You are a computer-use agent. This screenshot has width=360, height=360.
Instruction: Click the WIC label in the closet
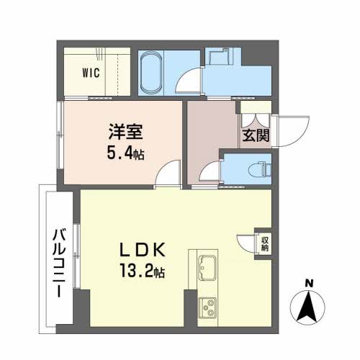91,73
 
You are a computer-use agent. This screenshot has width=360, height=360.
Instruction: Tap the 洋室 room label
126,132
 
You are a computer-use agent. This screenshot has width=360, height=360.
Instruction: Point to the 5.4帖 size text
125,153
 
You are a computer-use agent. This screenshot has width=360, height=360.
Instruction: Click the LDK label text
143,250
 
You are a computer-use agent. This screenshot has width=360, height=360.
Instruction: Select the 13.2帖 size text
142,271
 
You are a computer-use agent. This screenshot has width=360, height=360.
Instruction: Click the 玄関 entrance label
256,135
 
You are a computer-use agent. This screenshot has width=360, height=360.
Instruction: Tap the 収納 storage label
264,244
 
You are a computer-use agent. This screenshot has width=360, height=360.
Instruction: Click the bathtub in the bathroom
150,73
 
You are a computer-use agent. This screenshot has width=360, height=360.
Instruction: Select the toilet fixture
259,169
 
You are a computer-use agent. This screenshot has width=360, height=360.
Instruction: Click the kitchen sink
207,268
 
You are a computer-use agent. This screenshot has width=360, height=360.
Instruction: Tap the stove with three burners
207,308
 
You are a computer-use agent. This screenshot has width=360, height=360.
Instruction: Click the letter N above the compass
309,284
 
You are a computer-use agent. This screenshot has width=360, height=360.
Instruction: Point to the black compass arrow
307,305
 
